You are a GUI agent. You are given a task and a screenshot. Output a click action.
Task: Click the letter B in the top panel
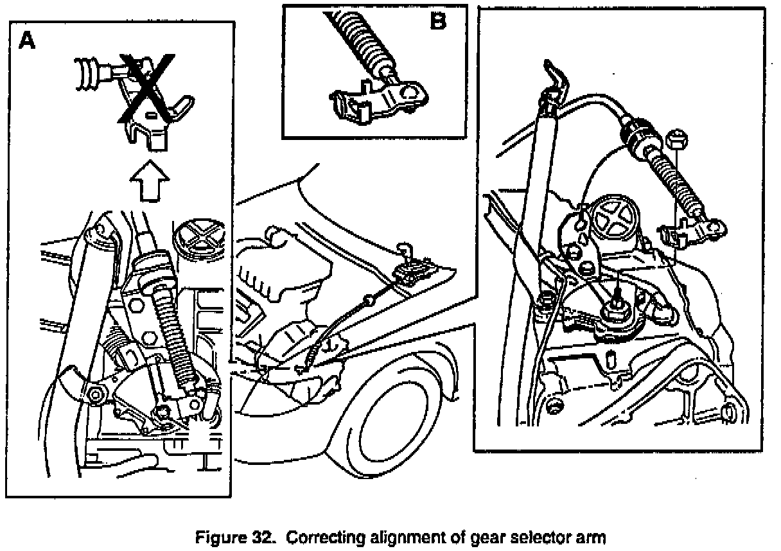438,22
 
